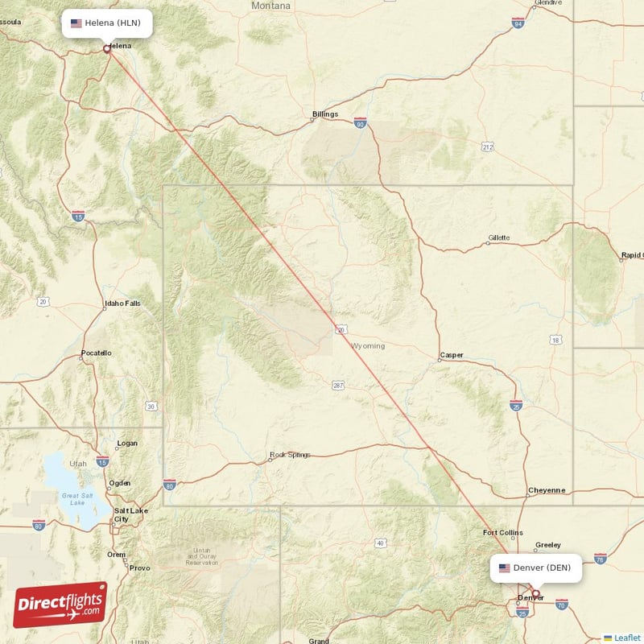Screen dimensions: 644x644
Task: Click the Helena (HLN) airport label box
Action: tap(106, 23)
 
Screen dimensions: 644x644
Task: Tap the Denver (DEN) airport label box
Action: tap(535, 568)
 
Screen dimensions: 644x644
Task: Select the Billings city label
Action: tap(325, 114)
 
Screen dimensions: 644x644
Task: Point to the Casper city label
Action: tap(452, 355)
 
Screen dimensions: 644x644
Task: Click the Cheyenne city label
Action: tap(547, 490)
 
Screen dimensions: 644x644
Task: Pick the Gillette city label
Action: tap(499, 238)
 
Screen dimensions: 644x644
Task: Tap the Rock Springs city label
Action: tap(290, 455)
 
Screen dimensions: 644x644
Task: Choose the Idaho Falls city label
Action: tap(122, 303)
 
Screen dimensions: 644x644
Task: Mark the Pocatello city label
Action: tap(97, 353)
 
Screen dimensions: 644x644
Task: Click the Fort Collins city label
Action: tap(502, 533)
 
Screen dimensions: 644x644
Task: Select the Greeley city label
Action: tap(547, 545)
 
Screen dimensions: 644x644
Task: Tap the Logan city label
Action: tap(127, 443)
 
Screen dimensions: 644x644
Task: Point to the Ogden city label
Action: tap(119, 482)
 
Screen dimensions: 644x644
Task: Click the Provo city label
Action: tap(139, 568)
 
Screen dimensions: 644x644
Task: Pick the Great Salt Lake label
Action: tap(77, 498)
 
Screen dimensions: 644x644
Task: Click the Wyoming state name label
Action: tap(369, 346)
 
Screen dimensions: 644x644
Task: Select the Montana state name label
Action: tap(270, 6)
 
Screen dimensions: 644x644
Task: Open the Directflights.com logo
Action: tap(60, 605)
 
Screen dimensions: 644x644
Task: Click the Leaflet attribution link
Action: tap(627, 638)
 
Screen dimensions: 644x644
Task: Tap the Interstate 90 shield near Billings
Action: tap(360, 122)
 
